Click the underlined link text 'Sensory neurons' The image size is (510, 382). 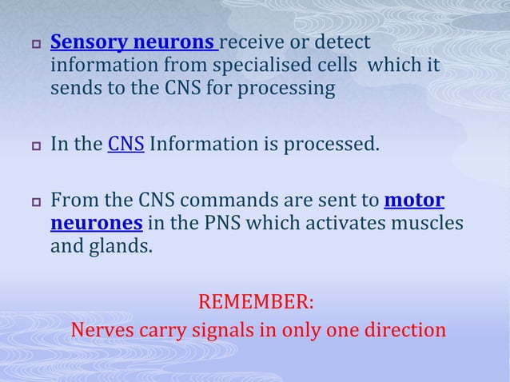pyautogui.click(x=133, y=41)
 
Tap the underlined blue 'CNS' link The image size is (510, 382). pyautogui.click(x=126, y=146)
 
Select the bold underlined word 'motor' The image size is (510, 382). pyautogui.click(x=414, y=199)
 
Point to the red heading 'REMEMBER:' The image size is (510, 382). pyautogui.click(x=255, y=303)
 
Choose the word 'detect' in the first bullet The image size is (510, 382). pyautogui.click(x=346, y=41)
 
